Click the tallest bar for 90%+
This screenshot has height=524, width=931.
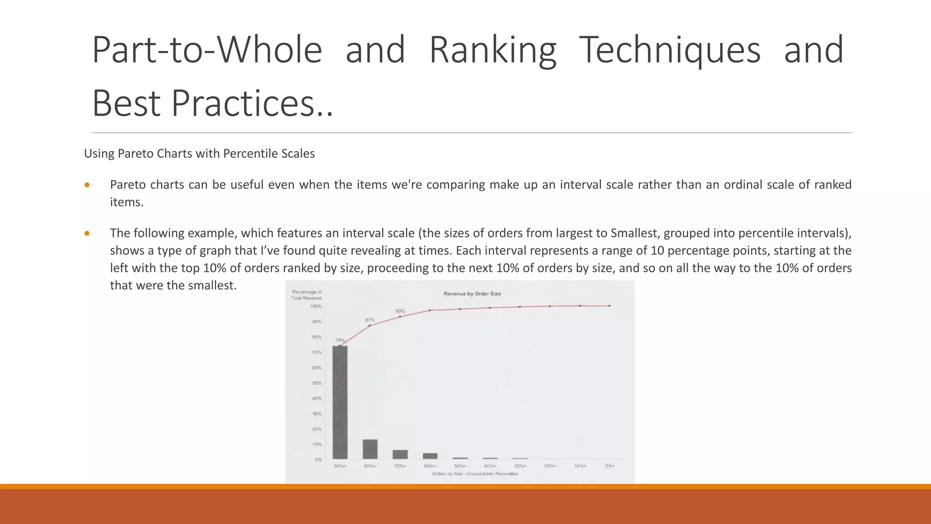pyautogui.click(x=340, y=403)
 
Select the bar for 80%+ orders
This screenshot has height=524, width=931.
pyautogui.click(x=370, y=449)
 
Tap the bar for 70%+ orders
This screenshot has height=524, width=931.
pyautogui.click(x=400, y=454)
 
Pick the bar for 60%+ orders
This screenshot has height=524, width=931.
pyautogui.click(x=430, y=456)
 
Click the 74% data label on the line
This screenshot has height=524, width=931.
pyautogui.click(x=340, y=340)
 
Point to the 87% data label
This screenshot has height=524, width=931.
pyautogui.click(x=370, y=320)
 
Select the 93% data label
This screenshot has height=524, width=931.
pyautogui.click(x=400, y=311)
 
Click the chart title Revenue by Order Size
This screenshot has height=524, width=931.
pyautogui.click(x=472, y=294)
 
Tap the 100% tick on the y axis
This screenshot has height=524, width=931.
pyautogui.click(x=315, y=307)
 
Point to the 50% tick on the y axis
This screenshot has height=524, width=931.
pyautogui.click(x=317, y=383)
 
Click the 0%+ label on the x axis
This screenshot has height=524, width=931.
pyautogui.click(x=610, y=466)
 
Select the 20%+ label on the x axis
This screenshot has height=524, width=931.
pyautogui.click(x=550, y=466)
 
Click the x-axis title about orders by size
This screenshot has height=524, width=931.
pyautogui.click(x=475, y=474)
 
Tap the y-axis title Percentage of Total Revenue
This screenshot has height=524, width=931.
pyautogui.click(x=306, y=295)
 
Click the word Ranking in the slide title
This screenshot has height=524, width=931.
pyautogui.click(x=493, y=50)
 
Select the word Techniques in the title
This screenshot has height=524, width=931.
pyautogui.click(x=670, y=50)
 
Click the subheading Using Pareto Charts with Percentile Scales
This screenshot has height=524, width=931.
pyautogui.click(x=199, y=154)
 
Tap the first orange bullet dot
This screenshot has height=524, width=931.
pyautogui.click(x=87, y=185)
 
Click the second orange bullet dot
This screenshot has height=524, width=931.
pyautogui.click(x=87, y=234)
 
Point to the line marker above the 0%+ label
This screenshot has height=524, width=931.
pyautogui.click(x=610, y=306)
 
